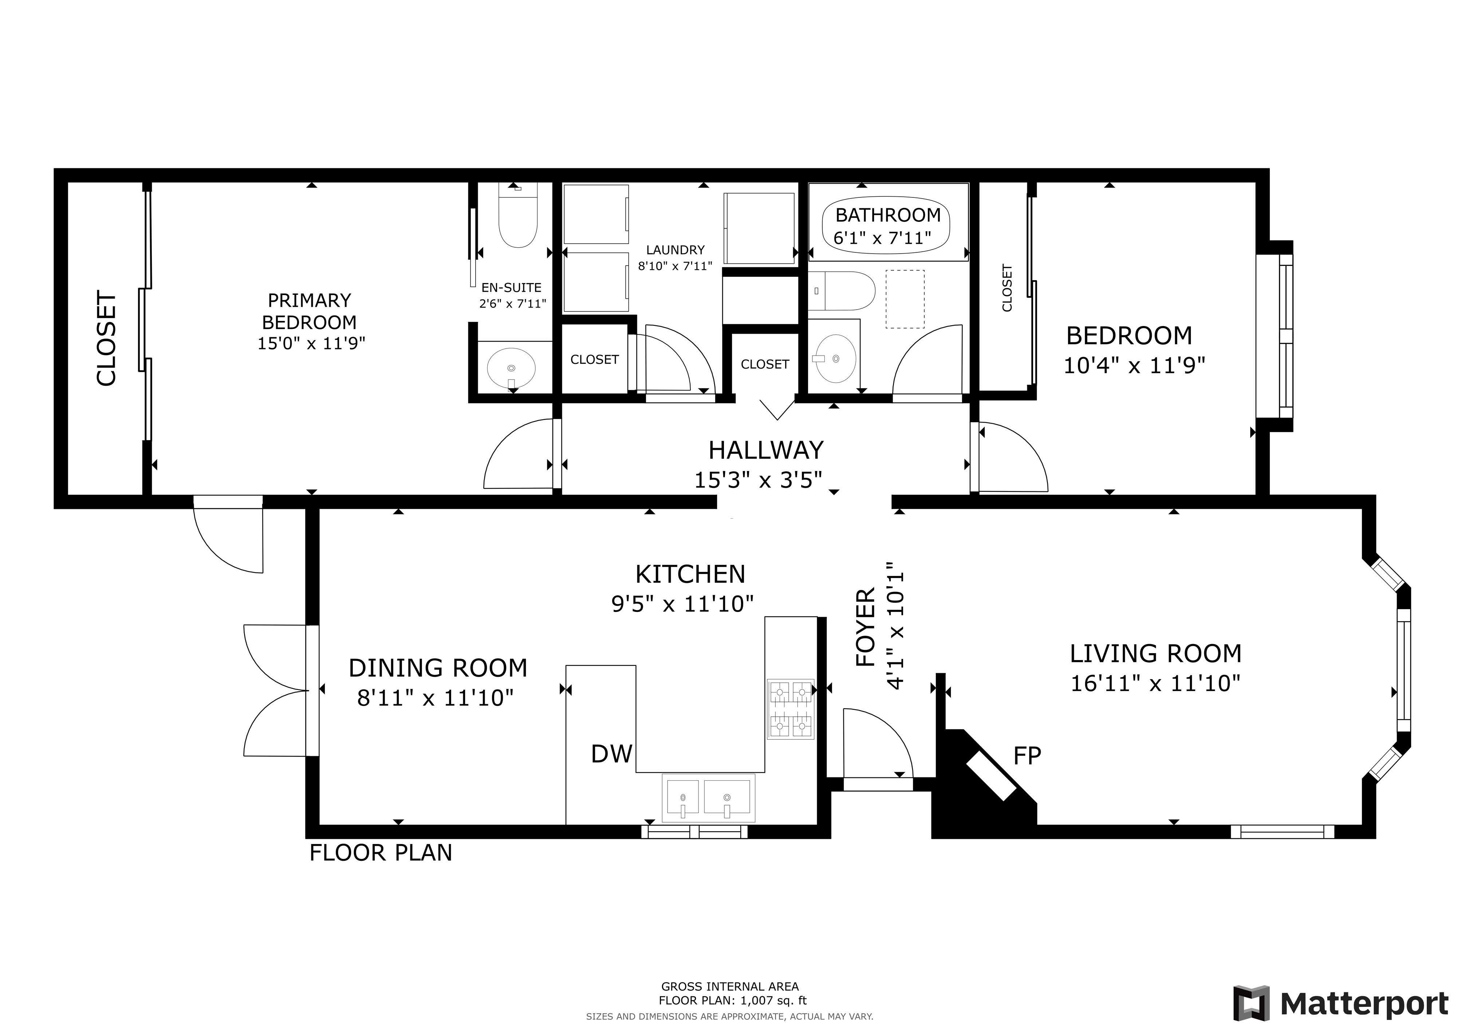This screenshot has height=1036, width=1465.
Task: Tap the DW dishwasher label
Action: coord(611,754)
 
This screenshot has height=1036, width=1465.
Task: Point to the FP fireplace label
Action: coord(1027,756)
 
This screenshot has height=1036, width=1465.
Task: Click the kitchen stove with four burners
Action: coord(791,709)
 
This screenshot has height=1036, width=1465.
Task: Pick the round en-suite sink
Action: coord(511,368)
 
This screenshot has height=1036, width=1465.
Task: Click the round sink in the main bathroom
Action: coord(836,359)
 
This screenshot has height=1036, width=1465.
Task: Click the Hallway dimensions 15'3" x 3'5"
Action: coord(758,479)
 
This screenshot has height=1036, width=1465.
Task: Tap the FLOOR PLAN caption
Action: coord(381,853)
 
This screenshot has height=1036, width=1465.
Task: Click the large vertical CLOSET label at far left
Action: coord(107,338)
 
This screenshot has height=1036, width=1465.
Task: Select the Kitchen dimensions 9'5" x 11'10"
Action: coord(682,603)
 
